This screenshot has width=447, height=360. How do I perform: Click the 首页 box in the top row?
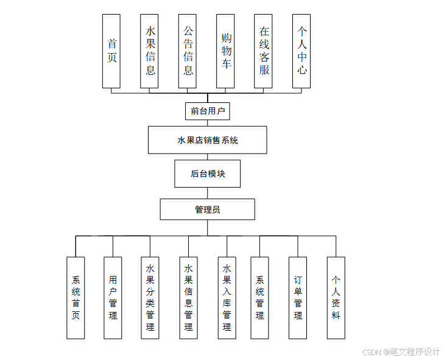click(111, 51)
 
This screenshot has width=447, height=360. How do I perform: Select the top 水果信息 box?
click(149, 51)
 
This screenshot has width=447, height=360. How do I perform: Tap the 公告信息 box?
click(188, 51)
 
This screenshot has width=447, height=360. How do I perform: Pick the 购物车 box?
click(225, 51)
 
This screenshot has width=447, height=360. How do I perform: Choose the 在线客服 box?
click(264, 51)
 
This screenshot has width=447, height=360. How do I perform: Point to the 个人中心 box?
click(301, 51)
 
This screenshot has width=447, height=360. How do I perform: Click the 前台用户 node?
click(207, 111)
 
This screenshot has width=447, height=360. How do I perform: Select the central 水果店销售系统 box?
click(207, 140)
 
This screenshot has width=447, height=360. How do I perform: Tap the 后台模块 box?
click(207, 174)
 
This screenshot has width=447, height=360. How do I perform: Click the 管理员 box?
click(207, 210)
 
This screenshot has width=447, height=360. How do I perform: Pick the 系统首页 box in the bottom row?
click(76, 298)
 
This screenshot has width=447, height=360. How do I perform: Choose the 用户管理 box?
click(113, 298)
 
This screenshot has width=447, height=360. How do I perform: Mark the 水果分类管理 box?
click(150, 298)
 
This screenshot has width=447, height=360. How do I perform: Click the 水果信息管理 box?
click(188, 298)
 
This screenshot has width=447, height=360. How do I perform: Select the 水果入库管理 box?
click(227, 298)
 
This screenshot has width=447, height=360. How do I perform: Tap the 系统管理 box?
click(259, 298)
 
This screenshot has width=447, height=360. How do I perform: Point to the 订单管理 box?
click(298, 298)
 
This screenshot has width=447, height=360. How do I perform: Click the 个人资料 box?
click(336, 298)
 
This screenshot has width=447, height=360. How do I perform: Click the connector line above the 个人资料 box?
click(336, 246)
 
